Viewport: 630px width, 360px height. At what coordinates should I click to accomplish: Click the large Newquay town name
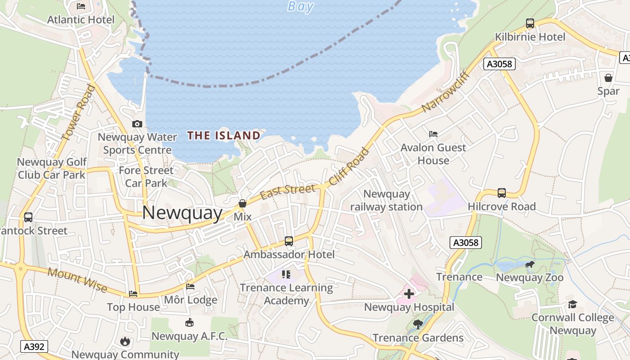(182, 213)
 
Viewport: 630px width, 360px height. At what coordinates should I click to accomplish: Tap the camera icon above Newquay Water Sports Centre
(137, 124)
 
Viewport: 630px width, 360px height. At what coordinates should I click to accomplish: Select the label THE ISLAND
(224, 135)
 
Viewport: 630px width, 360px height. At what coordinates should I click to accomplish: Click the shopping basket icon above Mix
(243, 203)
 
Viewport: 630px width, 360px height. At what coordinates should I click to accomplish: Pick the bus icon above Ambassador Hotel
(289, 241)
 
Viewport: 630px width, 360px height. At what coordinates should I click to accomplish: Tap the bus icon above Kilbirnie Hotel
(530, 23)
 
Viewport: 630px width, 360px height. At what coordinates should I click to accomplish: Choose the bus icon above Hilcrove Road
(502, 193)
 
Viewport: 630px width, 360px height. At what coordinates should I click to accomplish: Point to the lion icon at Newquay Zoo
(530, 264)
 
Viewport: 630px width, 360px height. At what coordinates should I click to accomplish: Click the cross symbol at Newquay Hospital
(409, 294)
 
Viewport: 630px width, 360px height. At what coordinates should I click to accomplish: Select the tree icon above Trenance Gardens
(418, 324)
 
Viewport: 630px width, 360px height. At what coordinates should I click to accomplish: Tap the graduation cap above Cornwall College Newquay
(572, 305)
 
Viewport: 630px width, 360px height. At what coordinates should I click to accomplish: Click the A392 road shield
(34, 346)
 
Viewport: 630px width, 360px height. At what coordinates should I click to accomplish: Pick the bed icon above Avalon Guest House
(433, 134)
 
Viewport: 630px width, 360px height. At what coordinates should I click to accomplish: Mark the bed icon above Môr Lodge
(190, 287)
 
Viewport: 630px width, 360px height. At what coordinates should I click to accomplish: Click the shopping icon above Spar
(608, 78)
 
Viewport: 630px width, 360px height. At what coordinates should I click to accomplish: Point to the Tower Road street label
(79, 112)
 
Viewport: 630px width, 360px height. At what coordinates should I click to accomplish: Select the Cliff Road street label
(349, 166)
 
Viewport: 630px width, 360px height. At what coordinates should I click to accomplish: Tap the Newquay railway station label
(387, 200)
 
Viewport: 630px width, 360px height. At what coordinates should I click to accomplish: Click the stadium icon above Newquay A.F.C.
(189, 323)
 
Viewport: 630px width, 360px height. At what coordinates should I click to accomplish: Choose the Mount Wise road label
(77, 279)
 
